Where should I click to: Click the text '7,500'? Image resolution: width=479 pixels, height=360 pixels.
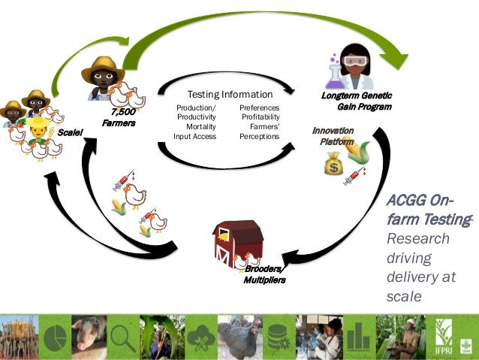[122, 112]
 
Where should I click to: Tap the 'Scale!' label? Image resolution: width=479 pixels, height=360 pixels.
[69, 132]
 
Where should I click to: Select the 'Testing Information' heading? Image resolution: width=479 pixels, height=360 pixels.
[230, 95]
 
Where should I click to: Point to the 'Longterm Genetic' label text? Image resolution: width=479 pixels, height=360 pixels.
[357, 97]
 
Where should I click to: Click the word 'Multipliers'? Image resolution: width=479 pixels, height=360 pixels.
[264, 280]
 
